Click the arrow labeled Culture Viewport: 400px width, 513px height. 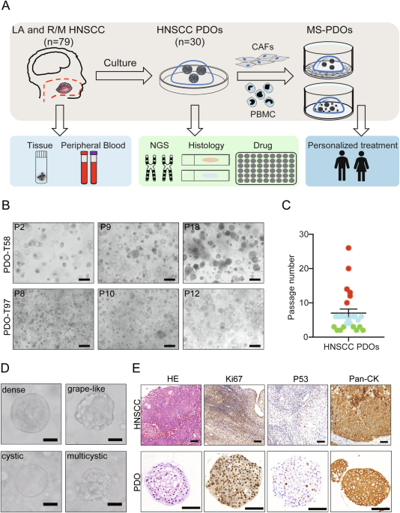124,76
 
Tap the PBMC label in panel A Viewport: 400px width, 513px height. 262,115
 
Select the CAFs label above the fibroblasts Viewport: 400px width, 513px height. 262,46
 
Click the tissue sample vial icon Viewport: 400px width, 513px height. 41,167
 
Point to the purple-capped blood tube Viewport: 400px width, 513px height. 94,167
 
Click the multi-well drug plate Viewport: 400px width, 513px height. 266,169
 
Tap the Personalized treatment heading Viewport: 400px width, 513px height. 353,145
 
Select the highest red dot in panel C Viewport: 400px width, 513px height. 348,248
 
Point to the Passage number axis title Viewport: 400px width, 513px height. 291,287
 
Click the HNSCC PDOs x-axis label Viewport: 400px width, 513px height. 351,347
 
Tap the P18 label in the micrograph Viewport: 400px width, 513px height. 193,227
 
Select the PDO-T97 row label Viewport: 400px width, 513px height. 7,319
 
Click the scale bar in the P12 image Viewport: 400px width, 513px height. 255,345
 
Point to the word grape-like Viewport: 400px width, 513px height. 86,389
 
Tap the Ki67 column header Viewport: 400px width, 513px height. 234,379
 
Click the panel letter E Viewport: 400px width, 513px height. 136,368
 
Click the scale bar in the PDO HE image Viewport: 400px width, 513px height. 190,508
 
